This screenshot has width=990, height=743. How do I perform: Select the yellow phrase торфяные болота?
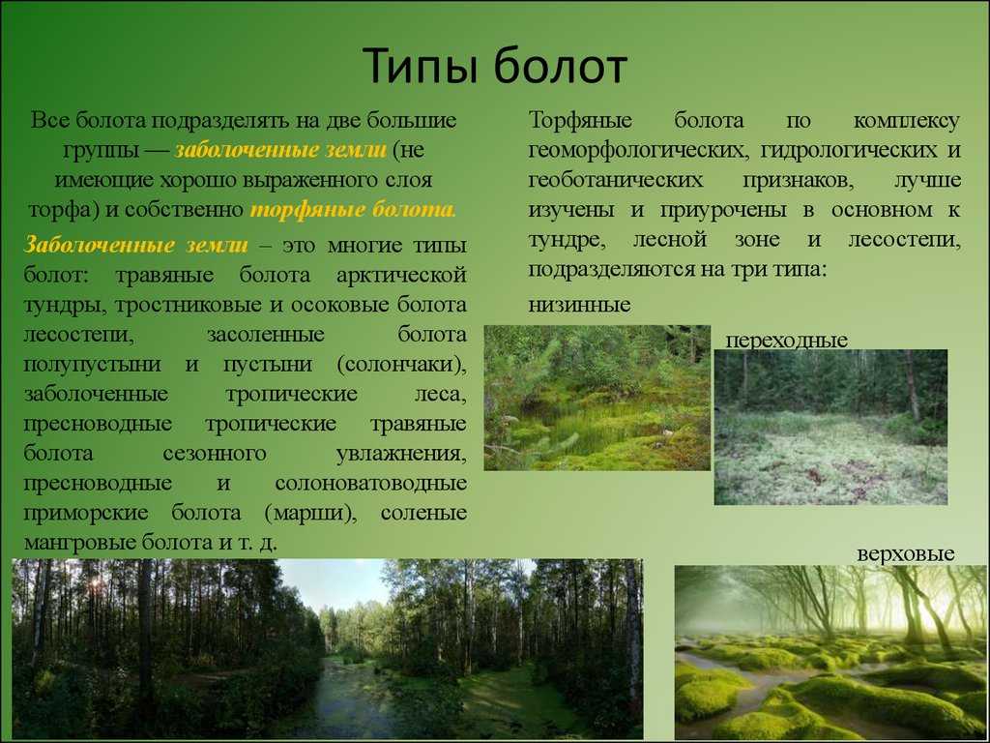[353, 209]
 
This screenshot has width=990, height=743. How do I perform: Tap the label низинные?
[580, 305]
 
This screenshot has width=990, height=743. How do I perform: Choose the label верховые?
[905, 554]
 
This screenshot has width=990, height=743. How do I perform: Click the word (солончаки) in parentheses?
[401, 365]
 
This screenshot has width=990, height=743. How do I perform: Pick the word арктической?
[401, 276]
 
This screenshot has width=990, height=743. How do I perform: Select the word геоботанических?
[616, 180]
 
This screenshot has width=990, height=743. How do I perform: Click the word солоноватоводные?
[370, 484]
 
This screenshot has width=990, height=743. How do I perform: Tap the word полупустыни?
[92, 365]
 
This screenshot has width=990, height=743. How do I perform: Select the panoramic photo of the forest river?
[327, 648]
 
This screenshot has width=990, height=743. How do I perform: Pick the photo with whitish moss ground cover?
[830, 427]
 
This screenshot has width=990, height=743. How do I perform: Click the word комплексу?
[907, 121]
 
